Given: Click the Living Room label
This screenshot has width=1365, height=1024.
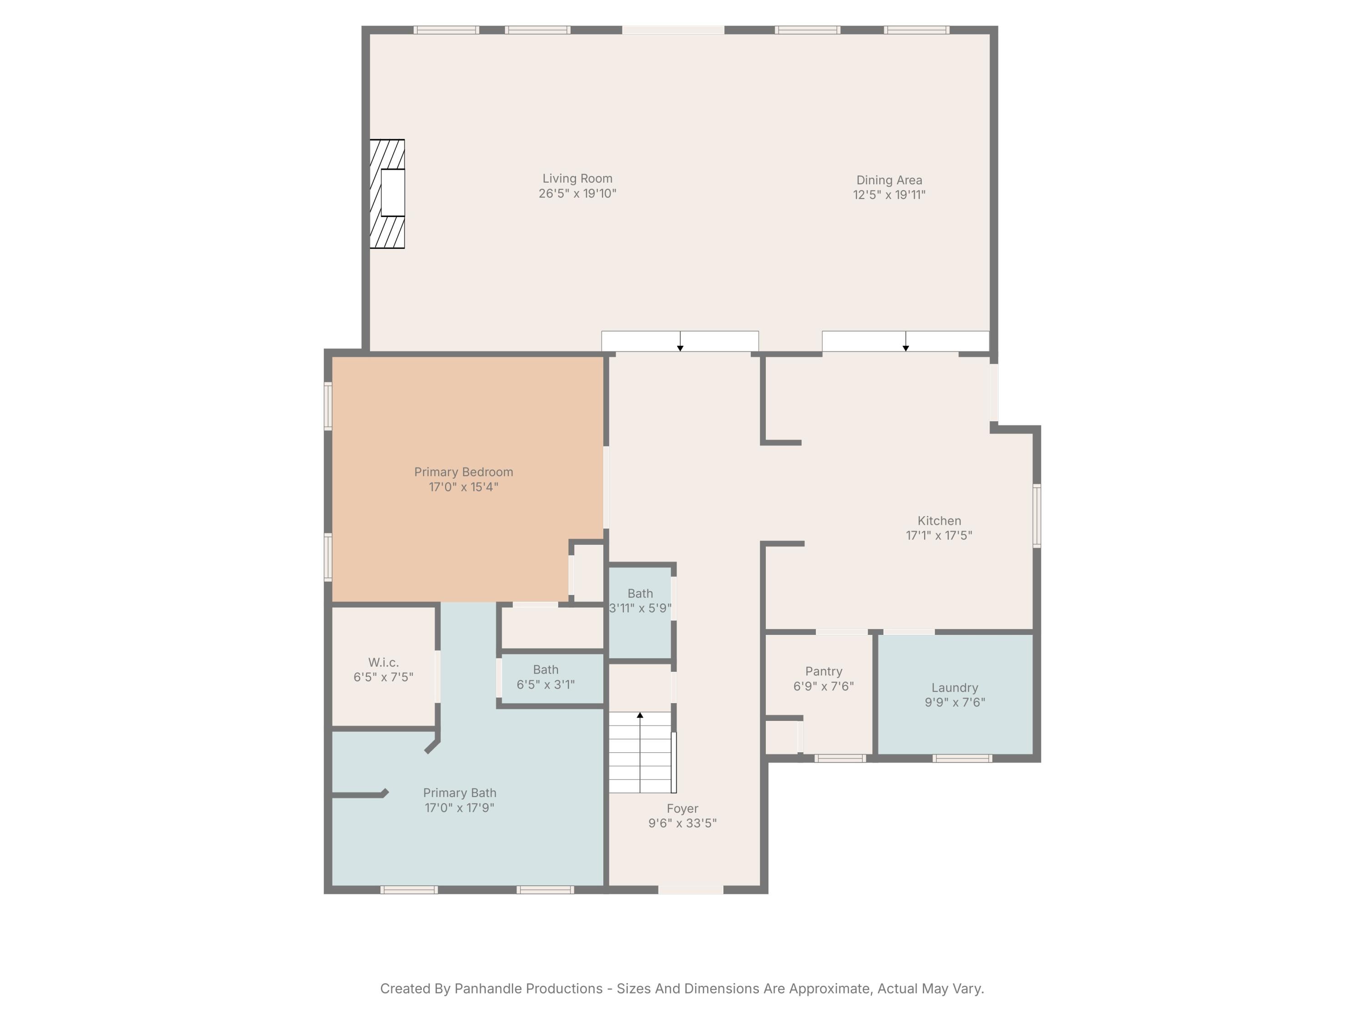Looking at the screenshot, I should pyautogui.click(x=577, y=178).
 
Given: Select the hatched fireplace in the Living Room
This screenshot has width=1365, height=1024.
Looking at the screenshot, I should pyautogui.click(x=387, y=194).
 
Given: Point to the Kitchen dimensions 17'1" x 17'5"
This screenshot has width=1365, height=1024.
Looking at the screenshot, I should pyautogui.click(x=939, y=536).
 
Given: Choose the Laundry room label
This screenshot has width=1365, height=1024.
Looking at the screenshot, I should pyautogui.click(x=955, y=688).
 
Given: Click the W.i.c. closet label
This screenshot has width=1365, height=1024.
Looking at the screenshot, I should pyautogui.click(x=383, y=662).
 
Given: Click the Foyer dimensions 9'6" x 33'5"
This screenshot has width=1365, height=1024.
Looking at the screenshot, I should pyautogui.click(x=682, y=823).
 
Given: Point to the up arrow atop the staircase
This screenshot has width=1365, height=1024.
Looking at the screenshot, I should pyautogui.click(x=640, y=715).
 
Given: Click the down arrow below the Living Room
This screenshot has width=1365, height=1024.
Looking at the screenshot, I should pyautogui.click(x=680, y=348).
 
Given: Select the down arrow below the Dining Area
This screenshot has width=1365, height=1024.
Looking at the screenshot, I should pyautogui.click(x=905, y=348).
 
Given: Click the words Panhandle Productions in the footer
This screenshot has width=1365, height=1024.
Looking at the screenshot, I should pyautogui.click(x=528, y=988).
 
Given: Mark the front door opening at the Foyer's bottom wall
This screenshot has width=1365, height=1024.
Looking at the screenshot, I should pyautogui.click(x=691, y=889).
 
